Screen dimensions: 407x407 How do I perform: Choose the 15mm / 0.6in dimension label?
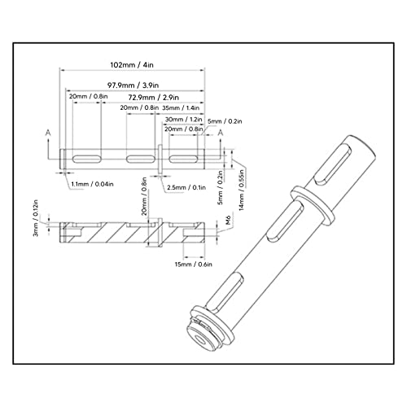coord(194,264)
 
